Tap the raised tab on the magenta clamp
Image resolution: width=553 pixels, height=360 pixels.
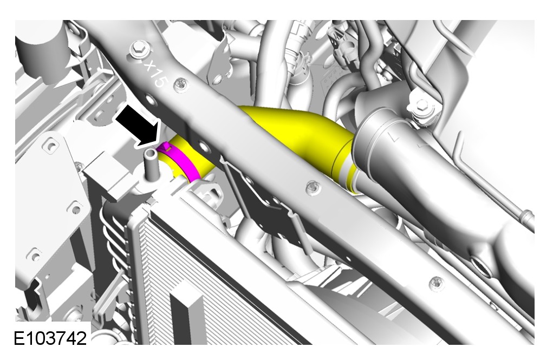[x=165, y=147]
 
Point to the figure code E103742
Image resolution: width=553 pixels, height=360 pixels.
[x=50, y=338]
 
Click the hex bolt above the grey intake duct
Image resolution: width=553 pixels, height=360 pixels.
[x=421, y=105]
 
